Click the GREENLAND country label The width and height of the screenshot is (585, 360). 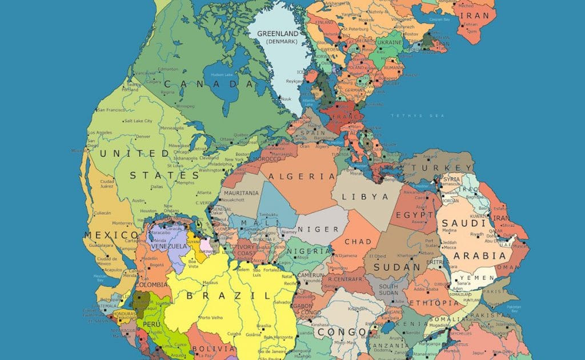(x=279, y=33)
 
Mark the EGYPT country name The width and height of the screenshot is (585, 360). (x=418, y=215)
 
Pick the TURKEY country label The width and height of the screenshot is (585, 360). (x=447, y=166)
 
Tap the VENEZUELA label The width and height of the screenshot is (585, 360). (x=169, y=246)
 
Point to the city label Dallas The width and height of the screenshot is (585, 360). (x=157, y=187)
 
